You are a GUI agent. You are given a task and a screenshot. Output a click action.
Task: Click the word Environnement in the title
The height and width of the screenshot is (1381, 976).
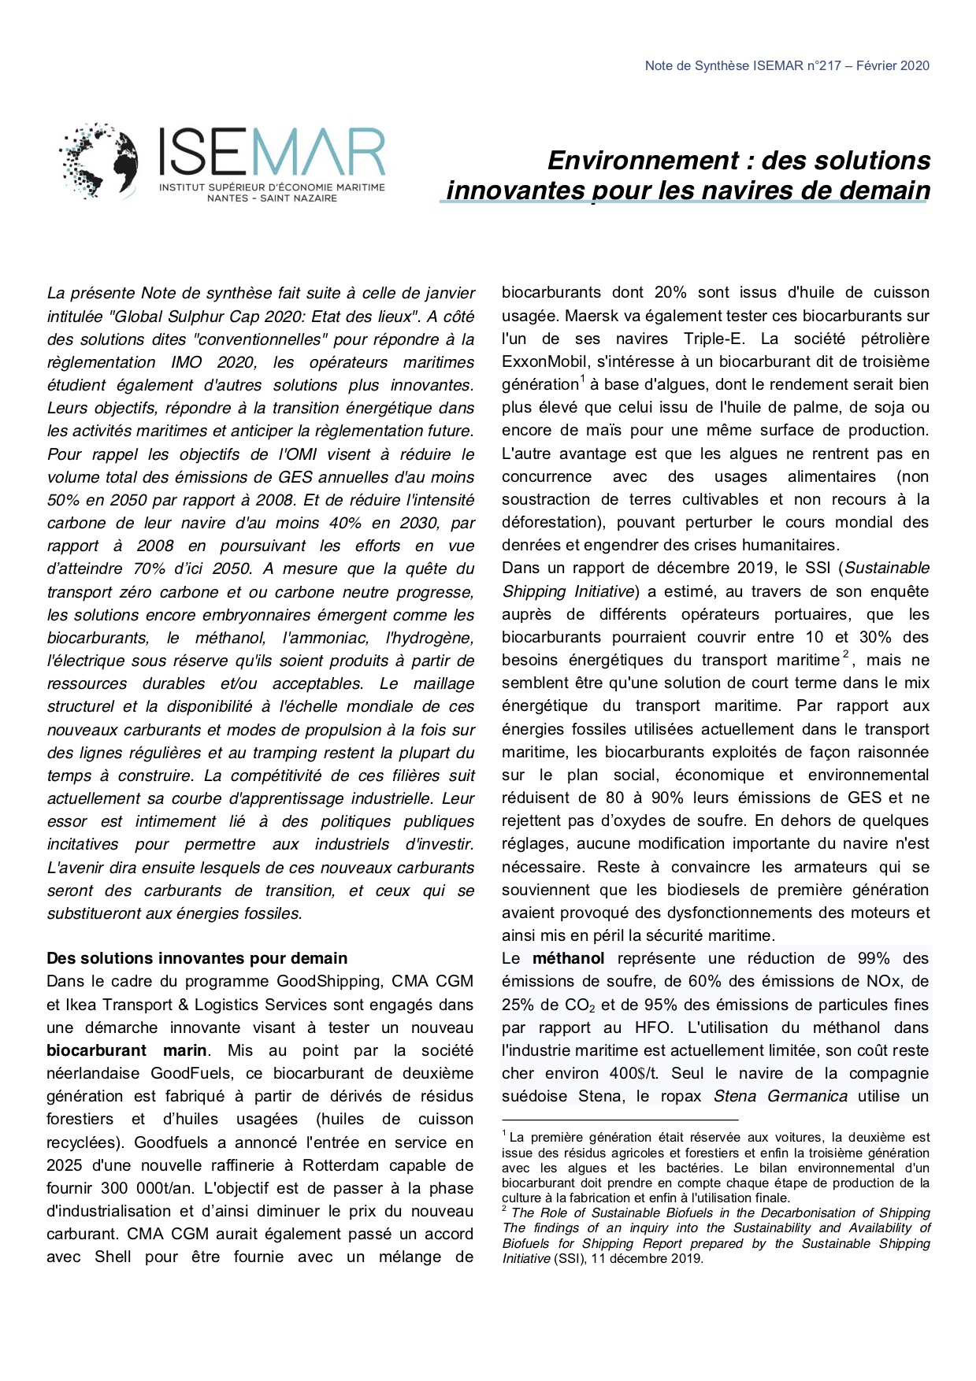[643, 161]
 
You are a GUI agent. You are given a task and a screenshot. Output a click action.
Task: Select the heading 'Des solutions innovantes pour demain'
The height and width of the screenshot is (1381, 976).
[197, 958]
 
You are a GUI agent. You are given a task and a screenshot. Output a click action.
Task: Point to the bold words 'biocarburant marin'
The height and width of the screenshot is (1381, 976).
[126, 1050]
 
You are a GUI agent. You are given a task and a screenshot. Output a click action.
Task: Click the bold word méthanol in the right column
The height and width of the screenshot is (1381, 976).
[568, 958]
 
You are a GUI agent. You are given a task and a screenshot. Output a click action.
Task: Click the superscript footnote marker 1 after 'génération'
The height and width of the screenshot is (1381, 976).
[582, 379]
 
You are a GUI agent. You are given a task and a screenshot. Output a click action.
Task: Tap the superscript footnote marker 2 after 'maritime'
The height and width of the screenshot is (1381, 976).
[846, 654]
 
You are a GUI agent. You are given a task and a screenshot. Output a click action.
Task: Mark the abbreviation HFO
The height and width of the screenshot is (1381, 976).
[652, 1027]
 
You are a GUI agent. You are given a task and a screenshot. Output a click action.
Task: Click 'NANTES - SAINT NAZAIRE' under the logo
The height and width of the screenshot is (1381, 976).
[272, 198]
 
